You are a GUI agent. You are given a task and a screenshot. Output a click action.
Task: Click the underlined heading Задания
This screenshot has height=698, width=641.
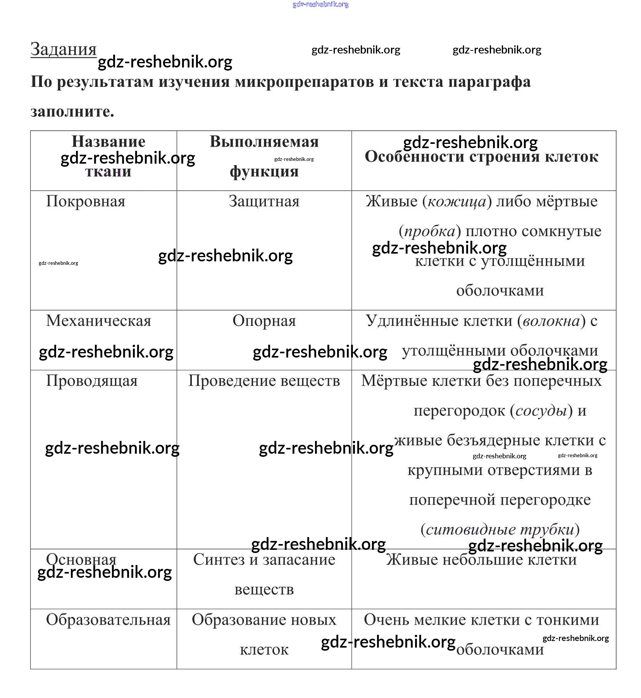coord(64,50)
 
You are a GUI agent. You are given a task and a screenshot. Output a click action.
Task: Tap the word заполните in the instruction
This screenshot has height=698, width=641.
coord(72,112)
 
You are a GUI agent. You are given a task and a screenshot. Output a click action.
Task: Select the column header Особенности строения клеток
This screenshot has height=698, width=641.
coord(481,157)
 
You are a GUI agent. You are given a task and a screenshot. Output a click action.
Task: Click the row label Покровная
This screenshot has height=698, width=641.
coord(86,202)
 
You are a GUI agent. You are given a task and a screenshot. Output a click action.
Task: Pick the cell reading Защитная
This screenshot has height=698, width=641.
coord(264,202)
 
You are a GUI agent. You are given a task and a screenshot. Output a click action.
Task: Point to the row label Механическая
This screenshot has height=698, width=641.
coord(98,321)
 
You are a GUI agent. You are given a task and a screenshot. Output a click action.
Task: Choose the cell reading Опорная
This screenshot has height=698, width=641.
coord(264,321)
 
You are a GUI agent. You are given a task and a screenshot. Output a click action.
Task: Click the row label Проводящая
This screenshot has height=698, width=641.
coord(92,381)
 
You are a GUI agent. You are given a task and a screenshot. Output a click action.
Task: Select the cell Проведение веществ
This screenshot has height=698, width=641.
coord(264,381)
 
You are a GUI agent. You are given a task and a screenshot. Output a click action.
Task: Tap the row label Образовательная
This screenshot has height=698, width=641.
coord(108,620)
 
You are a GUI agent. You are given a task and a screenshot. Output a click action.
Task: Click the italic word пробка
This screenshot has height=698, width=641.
coord(430,232)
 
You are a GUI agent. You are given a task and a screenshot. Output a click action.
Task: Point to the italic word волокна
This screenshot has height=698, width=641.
coord(551,321)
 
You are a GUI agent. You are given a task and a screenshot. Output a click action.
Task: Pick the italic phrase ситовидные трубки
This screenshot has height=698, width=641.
coord(500,530)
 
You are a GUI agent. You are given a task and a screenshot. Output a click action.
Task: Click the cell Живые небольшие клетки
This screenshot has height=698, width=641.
coord(481,560)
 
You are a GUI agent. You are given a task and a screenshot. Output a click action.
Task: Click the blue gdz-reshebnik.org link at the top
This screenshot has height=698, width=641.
coord(320,5)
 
